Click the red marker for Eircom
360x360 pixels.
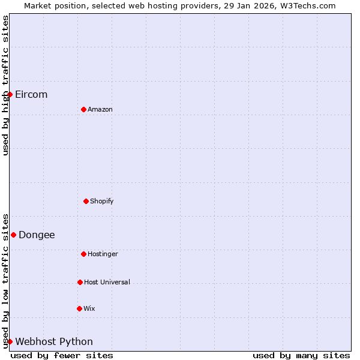coord(10,94)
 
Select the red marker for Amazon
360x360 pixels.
coord(83,109)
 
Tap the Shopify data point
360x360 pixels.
coord(86,201)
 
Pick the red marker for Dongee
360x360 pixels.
coord(13,235)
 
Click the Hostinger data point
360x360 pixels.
coord(83,254)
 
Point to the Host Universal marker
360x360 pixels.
coord(80,282)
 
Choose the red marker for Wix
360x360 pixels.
coord(79,308)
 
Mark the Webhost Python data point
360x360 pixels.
coord(10,341)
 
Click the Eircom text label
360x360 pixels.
coord(31,95)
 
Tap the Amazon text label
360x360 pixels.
coord(100,109)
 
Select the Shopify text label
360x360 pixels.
coord(102,201)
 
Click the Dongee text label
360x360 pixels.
coord(37,235)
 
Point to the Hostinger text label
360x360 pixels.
coord(103,254)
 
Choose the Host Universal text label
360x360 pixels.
coord(107,282)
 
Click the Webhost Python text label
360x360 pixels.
coord(54,342)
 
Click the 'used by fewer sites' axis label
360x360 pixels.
coord(62,355)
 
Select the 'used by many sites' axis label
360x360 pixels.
coord(301,355)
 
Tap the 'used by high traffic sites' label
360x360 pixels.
coord(5,85)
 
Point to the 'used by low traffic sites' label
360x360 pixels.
coord(5,281)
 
